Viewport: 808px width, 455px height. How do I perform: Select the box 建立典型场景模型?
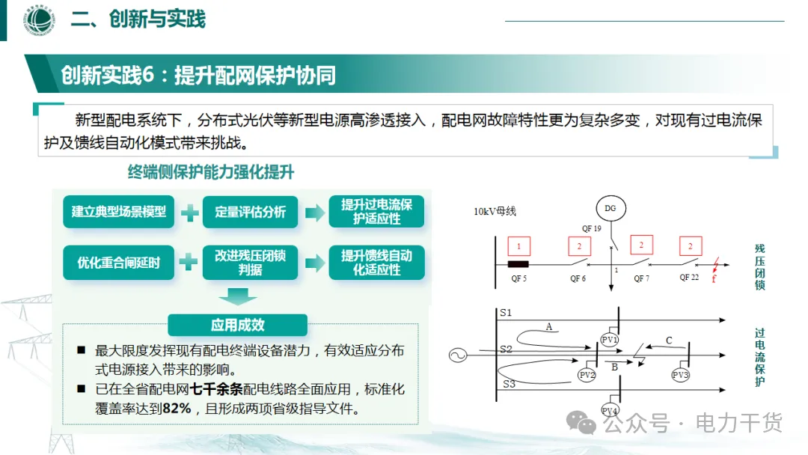click(x=119, y=212)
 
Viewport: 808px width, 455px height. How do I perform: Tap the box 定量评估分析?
click(x=251, y=212)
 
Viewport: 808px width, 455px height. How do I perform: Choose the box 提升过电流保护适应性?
click(x=376, y=212)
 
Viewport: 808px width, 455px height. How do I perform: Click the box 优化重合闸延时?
click(x=119, y=263)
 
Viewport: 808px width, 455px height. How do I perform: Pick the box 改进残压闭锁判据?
click(x=251, y=263)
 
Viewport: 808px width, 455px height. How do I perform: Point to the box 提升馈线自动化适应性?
click(x=376, y=263)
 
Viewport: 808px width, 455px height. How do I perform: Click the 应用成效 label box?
click(x=237, y=326)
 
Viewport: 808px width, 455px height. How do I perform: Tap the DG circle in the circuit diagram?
click(x=610, y=208)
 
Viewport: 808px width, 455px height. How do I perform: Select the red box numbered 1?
click(x=518, y=246)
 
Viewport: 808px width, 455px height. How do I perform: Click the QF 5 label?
click(x=518, y=279)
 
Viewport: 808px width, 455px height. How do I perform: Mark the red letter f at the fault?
click(x=714, y=280)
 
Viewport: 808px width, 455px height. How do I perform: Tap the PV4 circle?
click(x=610, y=411)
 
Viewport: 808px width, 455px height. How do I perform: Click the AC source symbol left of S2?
click(x=459, y=355)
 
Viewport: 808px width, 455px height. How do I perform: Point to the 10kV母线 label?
click(x=495, y=212)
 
